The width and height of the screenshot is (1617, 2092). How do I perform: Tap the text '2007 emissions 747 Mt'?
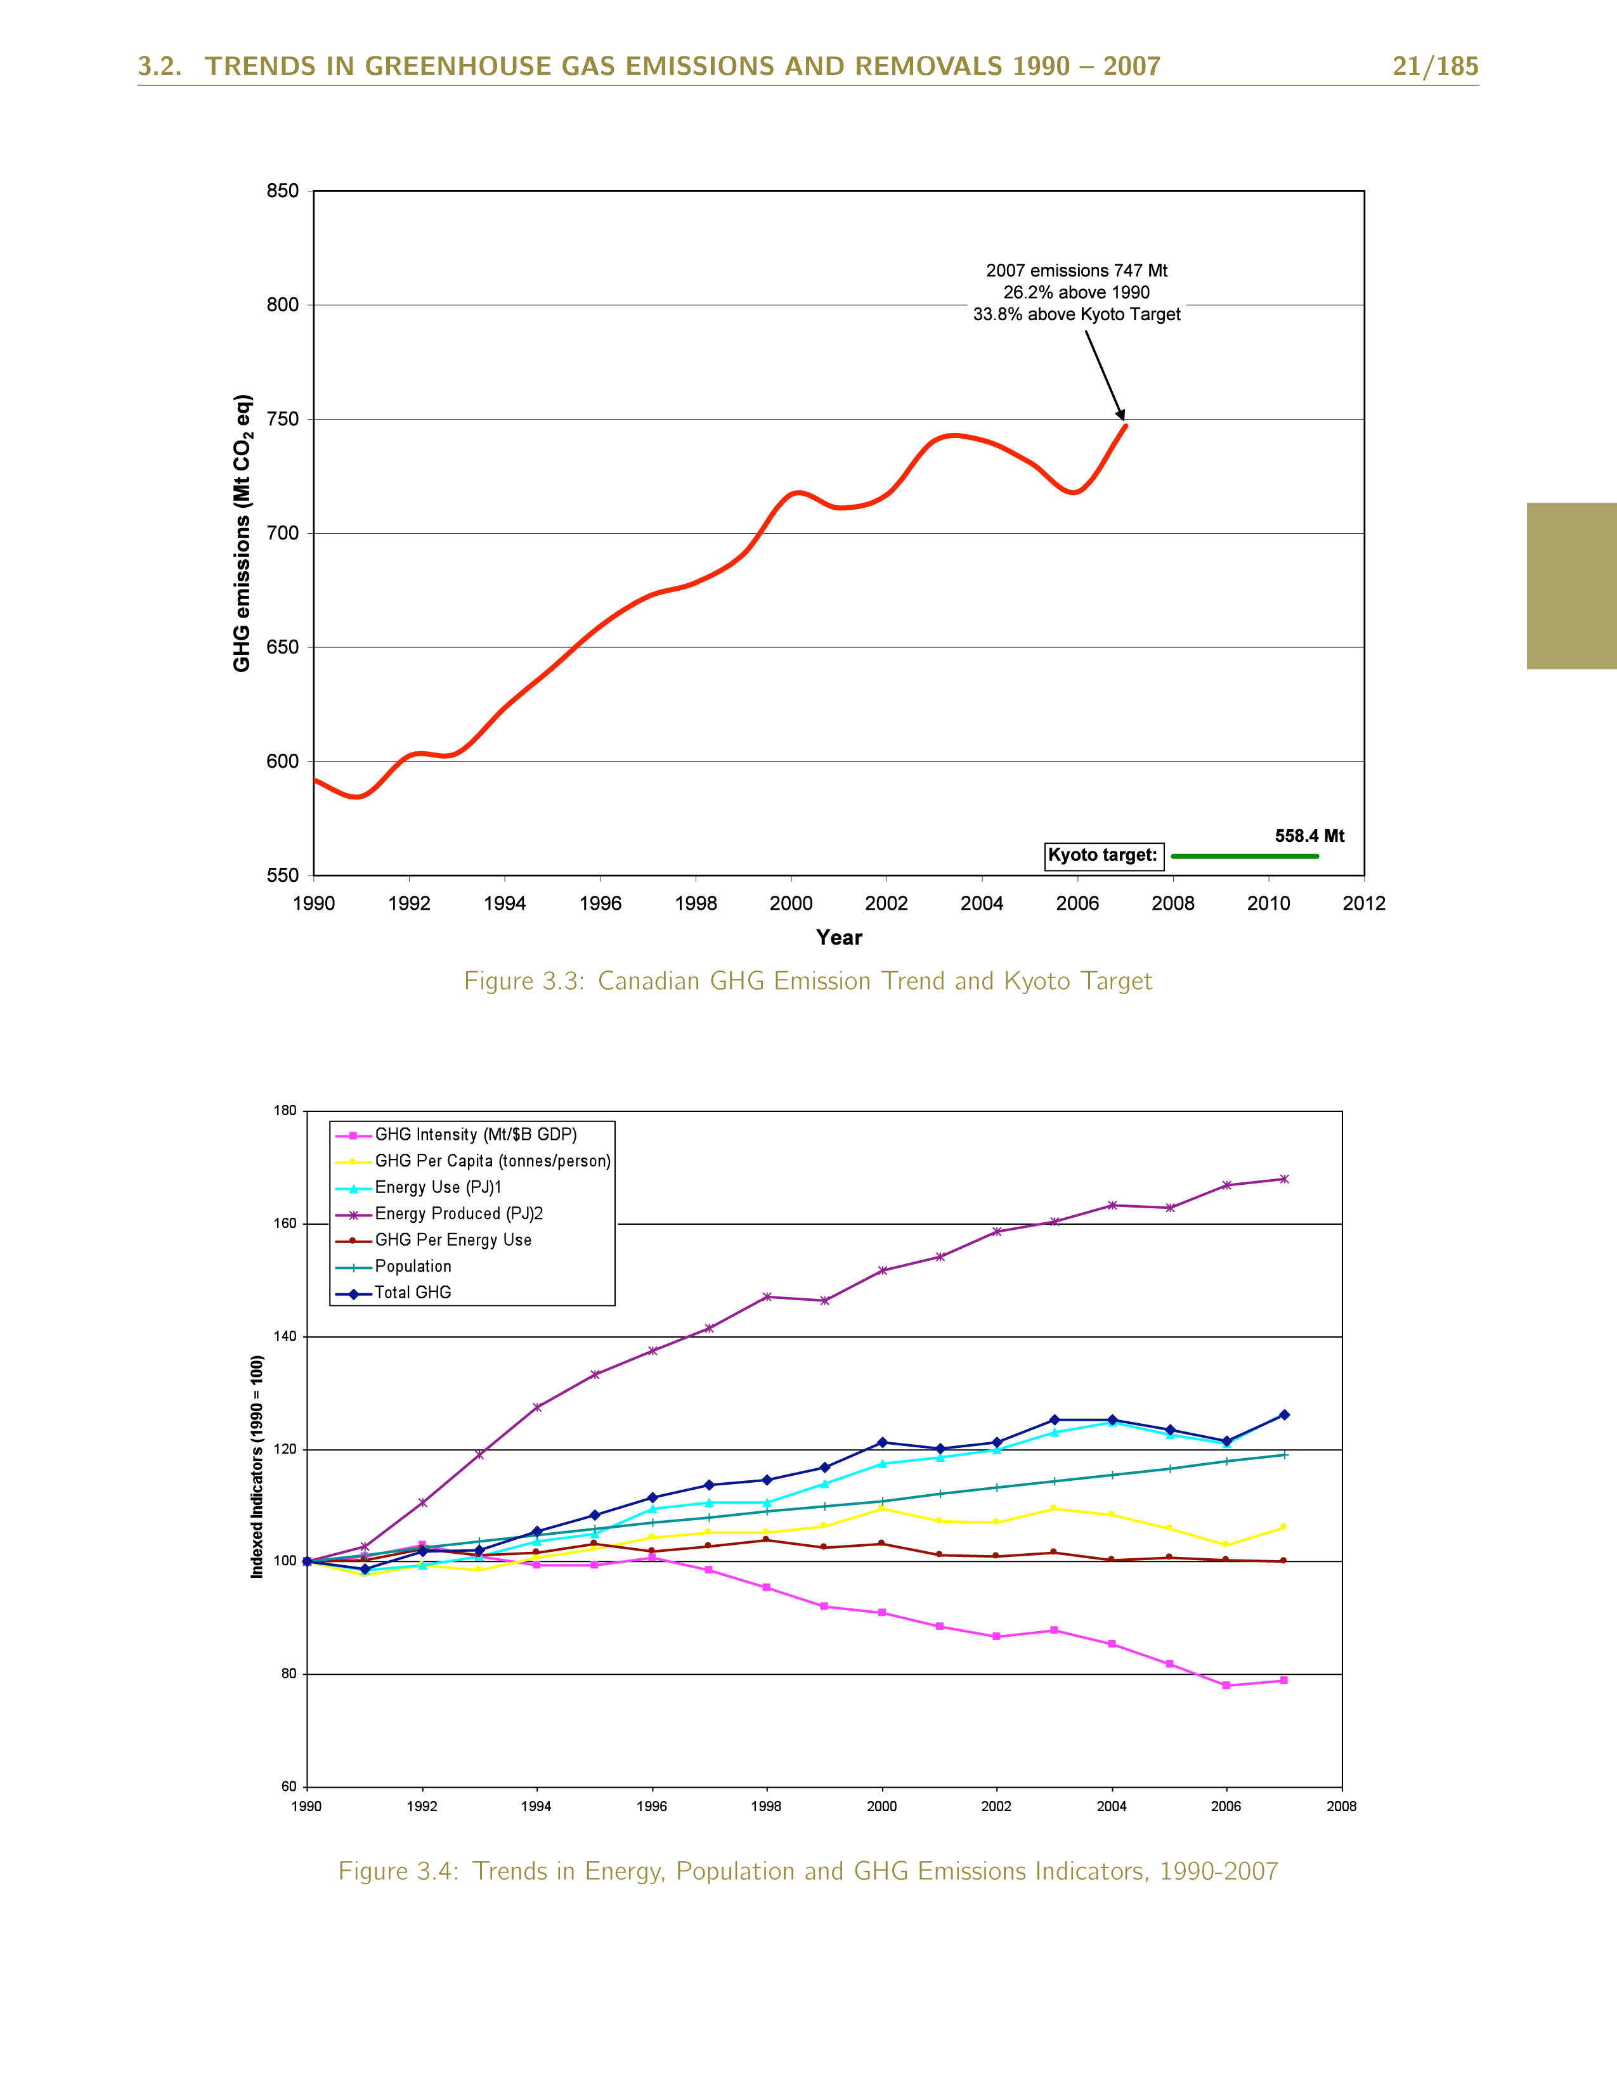tap(1075, 271)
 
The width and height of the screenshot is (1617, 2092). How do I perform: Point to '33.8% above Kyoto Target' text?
tap(1075, 314)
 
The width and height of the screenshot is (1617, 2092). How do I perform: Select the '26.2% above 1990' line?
tap(1075, 292)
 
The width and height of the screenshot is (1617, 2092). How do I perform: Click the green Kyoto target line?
tap(1244, 855)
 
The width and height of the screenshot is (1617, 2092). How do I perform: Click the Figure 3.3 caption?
tap(807, 981)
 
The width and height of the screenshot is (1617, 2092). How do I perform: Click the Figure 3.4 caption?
tap(807, 1871)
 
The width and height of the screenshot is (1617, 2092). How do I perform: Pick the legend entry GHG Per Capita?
tap(491, 1161)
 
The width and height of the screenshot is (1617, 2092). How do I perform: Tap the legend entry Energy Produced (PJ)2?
tap(458, 1213)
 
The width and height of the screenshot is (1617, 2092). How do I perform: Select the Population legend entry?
tap(412, 1267)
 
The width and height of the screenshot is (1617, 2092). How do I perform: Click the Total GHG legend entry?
tap(412, 1292)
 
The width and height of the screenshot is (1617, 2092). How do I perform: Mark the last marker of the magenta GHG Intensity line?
tap(1283, 1680)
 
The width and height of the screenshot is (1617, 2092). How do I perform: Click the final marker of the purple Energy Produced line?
tap(1283, 1179)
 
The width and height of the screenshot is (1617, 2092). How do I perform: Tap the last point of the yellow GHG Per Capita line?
tap(1283, 1527)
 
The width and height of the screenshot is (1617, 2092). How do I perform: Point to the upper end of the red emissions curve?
tap(1126, 426)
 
